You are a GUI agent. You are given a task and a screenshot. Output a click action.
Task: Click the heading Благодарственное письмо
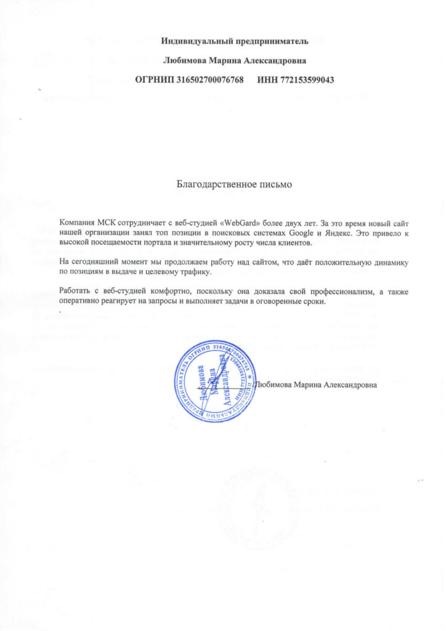tap(233, 184)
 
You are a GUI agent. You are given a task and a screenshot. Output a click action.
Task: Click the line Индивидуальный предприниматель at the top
tap(234, 41)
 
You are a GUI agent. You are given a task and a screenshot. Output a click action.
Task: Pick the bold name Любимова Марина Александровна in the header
tap(234, 60)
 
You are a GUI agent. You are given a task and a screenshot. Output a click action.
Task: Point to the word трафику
tap(193, 272)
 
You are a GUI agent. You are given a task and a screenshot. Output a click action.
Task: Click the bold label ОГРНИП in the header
tap(154, 79)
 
